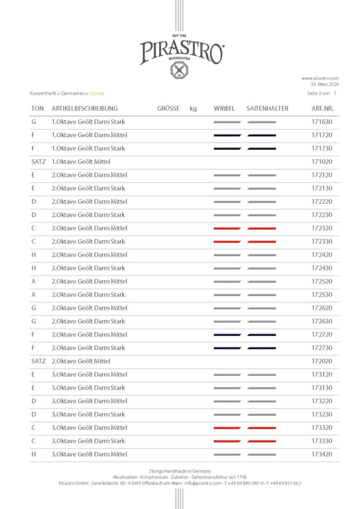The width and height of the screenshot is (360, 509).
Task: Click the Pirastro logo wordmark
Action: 181,51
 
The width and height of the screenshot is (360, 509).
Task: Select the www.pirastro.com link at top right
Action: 320,78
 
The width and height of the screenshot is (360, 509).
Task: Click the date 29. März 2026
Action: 325,85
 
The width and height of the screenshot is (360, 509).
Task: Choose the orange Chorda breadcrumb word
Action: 97,93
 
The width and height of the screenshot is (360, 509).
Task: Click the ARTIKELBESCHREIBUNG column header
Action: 85,108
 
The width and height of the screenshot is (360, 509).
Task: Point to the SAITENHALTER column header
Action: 267,108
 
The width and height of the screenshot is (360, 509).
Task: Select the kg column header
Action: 193,108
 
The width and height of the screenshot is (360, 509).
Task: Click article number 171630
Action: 322,122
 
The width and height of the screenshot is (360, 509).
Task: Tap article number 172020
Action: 322,361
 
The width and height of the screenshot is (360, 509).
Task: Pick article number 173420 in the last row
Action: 322,454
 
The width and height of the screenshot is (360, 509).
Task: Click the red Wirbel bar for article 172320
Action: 227,228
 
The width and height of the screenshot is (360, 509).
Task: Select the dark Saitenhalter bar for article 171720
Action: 262,135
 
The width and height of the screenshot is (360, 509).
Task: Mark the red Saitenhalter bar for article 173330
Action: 262,441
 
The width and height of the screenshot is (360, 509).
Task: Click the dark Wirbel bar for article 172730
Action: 227,348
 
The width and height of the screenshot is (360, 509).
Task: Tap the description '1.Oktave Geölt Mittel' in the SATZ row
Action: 81,162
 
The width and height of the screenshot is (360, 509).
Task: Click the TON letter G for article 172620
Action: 33,308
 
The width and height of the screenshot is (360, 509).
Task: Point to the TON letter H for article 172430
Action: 33,268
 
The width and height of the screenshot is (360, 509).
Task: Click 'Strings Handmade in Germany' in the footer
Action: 180,471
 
